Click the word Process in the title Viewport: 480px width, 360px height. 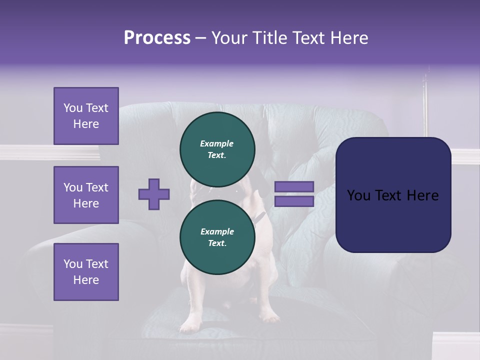coord(157,38)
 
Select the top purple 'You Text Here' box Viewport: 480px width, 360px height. coord(86,116)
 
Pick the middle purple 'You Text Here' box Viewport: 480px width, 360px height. coord(86,195)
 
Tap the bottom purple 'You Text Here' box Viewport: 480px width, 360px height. coord(86,271)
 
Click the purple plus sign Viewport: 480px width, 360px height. coord(154,194)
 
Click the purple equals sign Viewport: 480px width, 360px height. coord(294,194)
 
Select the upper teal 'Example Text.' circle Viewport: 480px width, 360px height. coord(217,149)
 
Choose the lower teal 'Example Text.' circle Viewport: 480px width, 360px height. coord(217,237)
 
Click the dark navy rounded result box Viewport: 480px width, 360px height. coord(393,194)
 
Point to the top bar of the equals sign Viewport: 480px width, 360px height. coord(294,187)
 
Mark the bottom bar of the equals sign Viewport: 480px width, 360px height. coord(294,201)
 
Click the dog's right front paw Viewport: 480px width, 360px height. coord(270,317)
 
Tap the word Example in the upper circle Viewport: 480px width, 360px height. coord(217,143)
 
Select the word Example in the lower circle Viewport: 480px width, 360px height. coord(217,231)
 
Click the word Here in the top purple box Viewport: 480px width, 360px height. coord(86,124)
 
